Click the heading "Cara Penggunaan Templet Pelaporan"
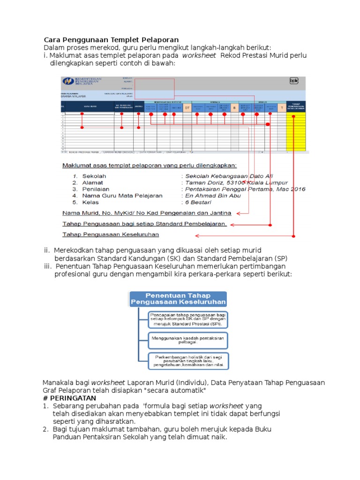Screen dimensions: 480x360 coord(111,40)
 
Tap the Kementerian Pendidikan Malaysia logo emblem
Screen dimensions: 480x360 coord(68,81)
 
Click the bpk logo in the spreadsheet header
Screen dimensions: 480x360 coord(294,81)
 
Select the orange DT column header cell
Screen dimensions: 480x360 coord(187,108)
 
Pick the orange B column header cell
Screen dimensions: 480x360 coord(234,108)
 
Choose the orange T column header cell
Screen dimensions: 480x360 coord(281,108)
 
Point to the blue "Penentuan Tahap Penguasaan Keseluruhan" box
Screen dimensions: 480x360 coord(178,299)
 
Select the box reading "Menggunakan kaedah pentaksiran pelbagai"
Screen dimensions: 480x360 coord(188,339)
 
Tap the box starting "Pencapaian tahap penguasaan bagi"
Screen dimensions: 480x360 coord(188,319)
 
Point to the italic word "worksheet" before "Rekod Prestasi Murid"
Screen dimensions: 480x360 coord(199,55)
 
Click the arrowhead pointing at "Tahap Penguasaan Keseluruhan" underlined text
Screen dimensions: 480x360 coord(197,235)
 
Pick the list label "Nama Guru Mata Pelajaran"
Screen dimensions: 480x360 coord(122,195)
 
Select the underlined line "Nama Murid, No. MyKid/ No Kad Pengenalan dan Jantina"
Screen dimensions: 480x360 coord(147,213)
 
